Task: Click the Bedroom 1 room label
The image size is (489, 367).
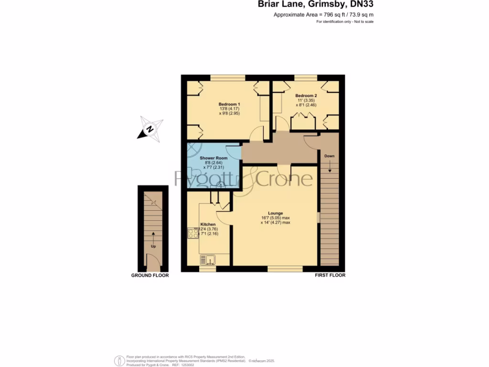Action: point(229,104)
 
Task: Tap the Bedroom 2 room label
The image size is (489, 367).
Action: point(306,96)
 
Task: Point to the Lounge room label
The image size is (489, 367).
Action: point(276,213)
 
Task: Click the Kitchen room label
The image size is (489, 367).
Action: point(208,224)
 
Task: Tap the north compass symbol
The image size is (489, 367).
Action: point(150,129)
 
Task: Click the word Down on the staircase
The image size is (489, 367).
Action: point(329,156)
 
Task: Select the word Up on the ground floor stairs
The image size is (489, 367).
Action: point(153,247)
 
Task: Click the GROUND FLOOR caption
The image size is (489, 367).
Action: point(150,276)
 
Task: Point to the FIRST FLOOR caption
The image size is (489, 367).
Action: point(330,275)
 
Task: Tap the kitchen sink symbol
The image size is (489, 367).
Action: point(208,259)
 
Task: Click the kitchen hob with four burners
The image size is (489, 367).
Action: point(193,233)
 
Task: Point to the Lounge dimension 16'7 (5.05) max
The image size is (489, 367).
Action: point(276,218)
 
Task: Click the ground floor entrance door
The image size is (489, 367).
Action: point(153,262)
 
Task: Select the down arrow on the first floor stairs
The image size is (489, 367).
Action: point(329,168)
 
